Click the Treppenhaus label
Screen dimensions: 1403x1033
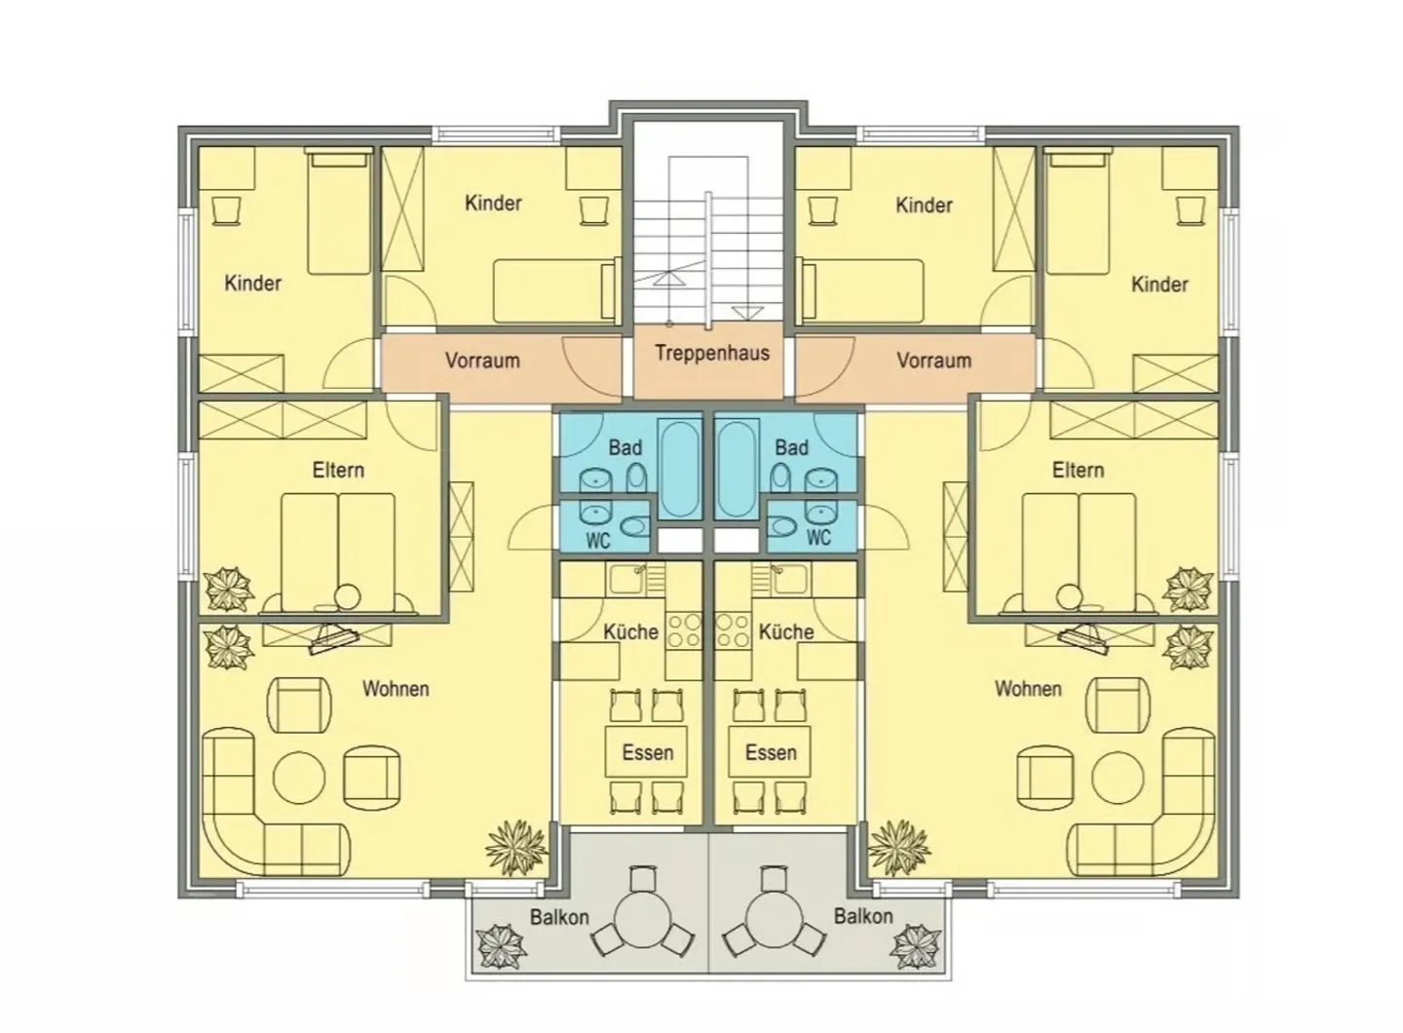712,354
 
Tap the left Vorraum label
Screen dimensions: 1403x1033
482,361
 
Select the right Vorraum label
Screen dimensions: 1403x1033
933,361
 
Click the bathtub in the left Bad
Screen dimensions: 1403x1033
680,469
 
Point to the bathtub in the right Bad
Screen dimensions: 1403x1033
737,469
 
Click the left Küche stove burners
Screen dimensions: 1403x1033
684,631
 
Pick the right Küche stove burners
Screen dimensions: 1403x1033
733,631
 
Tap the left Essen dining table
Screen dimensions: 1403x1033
646,751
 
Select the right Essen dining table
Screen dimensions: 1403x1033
770,751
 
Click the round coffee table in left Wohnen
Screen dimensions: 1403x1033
299,778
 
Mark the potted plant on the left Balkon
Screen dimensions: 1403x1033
500,946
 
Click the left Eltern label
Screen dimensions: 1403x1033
338,470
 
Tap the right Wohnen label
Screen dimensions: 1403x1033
1028,689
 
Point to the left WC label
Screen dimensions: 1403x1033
597,541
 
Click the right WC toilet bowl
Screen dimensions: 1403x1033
780,526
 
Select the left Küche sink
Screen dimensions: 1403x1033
626,580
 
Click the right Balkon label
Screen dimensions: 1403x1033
863,916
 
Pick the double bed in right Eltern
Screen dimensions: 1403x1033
1079,552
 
